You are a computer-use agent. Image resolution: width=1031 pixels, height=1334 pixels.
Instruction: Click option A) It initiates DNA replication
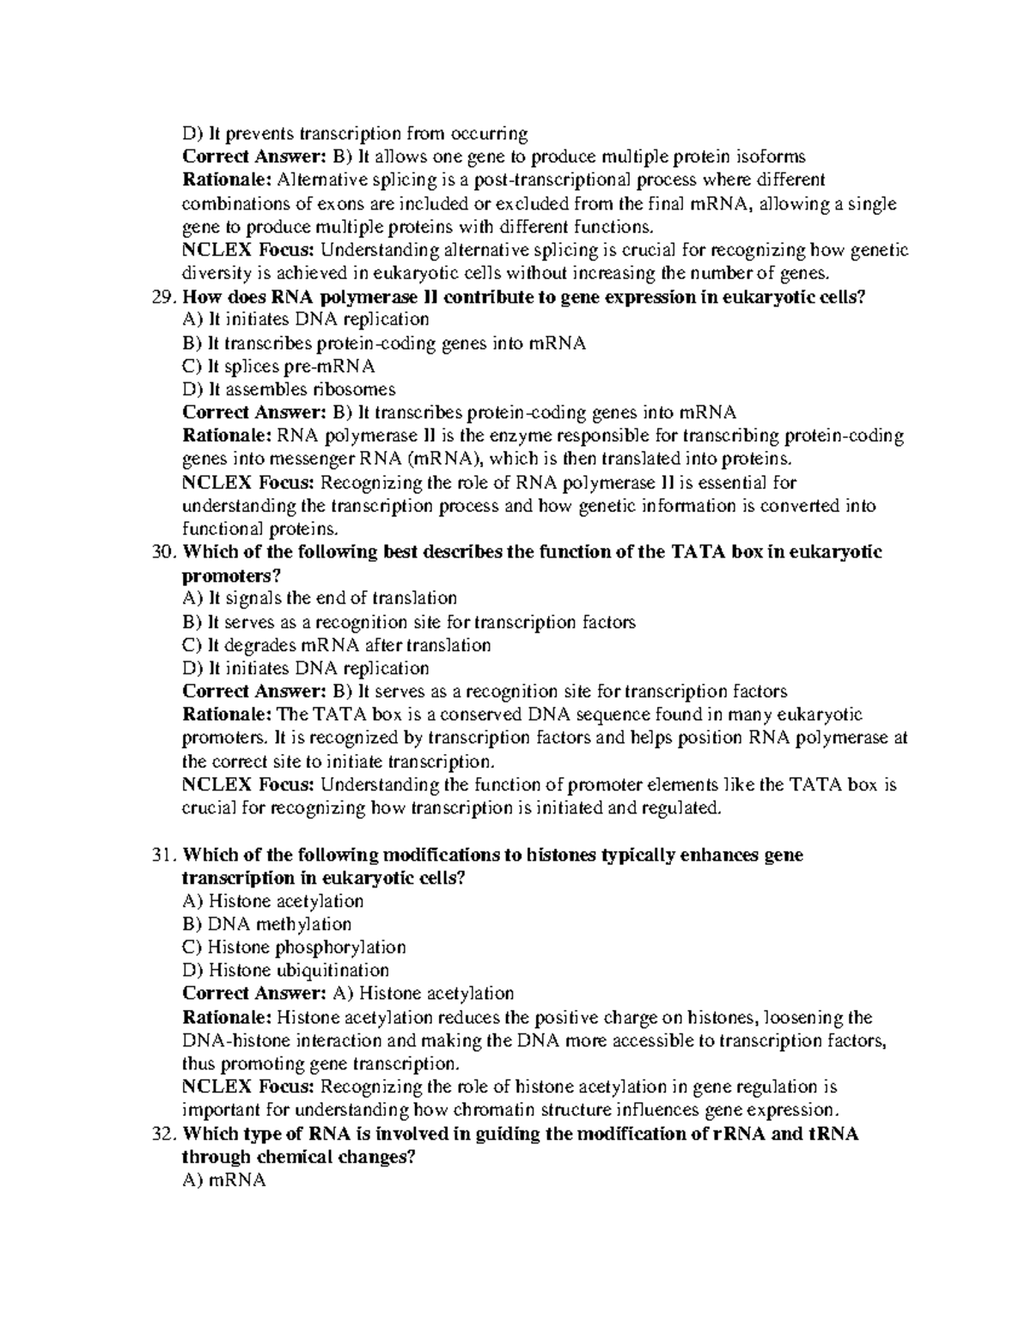pyautogui.click(x=306, y=320)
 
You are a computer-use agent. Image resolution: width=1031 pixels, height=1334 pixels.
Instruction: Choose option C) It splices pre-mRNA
pyautogui.click(x=279, y=367)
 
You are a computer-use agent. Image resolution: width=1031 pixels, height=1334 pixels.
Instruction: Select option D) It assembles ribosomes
pyautogui.click(x=290, y=390)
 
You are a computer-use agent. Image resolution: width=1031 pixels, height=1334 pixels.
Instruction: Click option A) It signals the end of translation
pyautogui.click(x=320, y=598)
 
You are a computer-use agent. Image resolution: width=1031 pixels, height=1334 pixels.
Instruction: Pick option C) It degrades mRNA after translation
pyautogui.click(x=337, y=645)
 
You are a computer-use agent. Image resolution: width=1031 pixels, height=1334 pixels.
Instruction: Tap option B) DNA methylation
pyautogui.click(x=267, y=925)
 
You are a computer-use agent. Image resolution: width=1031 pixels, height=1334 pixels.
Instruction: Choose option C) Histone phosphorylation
pyautogui.click(x=295, y=947)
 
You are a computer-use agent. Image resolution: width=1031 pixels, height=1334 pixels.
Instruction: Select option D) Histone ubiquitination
pyautogui.click(x=286, y=971)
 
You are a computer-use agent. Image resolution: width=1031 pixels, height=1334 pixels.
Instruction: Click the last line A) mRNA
pyautogui.click(x=224, y=1181)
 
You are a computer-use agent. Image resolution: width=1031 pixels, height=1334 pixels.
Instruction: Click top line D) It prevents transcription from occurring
pyautogui.click(x=355, y=134)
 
